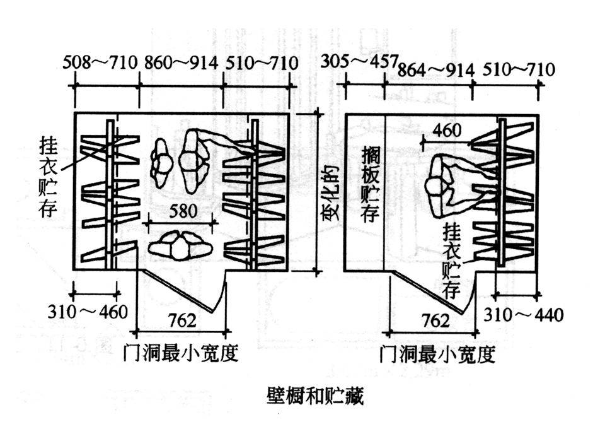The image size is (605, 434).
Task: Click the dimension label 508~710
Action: pyautogui.click(x=100, y=63)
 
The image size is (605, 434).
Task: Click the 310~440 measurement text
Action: pyautogui.click(x=523, y=314)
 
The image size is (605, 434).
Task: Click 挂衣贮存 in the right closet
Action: pyautogui.click(x=453, y=260)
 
